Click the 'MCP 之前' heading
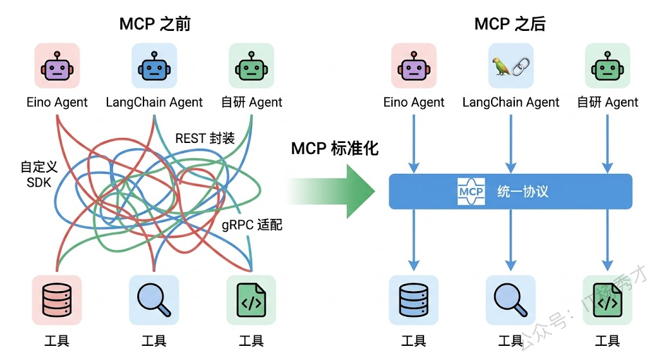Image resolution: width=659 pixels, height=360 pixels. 154,24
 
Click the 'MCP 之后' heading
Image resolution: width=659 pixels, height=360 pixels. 510,24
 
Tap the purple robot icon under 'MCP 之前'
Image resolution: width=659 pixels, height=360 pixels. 57,66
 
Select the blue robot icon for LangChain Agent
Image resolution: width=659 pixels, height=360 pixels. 154,66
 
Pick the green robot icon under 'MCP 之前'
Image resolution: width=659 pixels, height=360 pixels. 252,66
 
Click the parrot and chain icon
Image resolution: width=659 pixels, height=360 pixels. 510,66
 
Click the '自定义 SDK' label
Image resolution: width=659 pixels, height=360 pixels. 39,175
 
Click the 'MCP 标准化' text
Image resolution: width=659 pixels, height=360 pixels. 335,149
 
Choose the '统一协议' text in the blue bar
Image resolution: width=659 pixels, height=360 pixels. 523,191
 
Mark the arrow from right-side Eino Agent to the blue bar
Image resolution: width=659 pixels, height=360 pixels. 414,143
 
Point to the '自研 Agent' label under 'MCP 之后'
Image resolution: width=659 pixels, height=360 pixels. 608,102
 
